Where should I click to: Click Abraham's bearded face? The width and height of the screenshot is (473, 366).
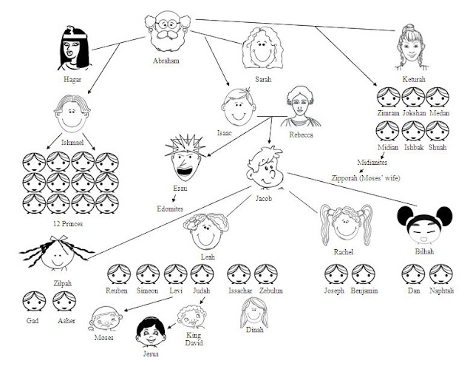tap(168, 32)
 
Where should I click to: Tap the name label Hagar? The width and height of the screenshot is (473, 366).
tap(72, 79)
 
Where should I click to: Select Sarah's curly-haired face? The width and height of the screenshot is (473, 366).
tap(262, 48)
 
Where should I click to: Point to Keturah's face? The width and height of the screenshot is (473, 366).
tap(411, 47)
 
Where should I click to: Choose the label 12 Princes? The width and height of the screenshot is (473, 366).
tap(68, 224)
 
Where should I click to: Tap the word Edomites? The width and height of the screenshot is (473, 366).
tap(170, 209)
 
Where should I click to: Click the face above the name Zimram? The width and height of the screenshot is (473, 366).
tap(388, 97)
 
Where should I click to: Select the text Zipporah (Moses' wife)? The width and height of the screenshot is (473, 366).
tap(366, 178)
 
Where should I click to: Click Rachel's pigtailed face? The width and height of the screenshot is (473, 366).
tap(346, 224)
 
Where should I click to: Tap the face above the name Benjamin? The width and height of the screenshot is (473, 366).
tap(364, 274)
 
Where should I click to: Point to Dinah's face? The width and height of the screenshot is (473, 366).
tap(254, 313)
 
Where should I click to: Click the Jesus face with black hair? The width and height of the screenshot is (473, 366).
tap(151, 332)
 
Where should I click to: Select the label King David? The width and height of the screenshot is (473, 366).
tap(194, 339)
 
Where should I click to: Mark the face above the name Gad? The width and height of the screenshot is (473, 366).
tap(34, 301)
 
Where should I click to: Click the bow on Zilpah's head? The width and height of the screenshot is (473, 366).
tap(59, 239)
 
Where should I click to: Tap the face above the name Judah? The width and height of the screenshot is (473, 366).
tap(202, 274)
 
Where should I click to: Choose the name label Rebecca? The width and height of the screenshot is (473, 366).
tap(301, 135)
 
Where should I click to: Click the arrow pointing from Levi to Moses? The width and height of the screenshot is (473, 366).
tap(148, 304)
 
